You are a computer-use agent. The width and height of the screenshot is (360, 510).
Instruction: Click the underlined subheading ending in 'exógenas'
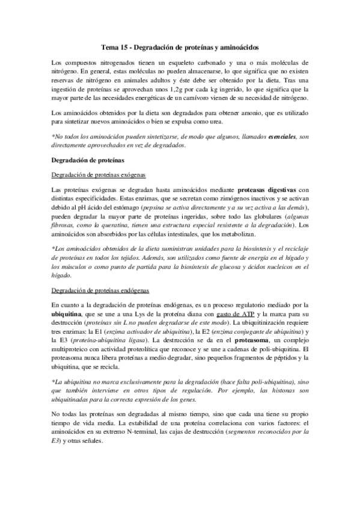[x=99, y=174]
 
